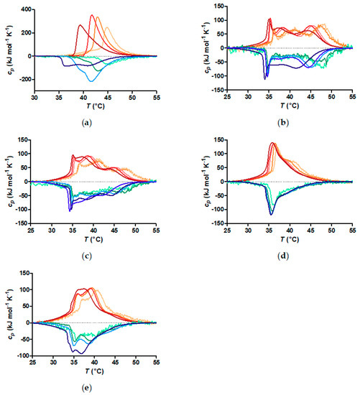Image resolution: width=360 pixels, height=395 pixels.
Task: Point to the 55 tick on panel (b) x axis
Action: tap(352, 97)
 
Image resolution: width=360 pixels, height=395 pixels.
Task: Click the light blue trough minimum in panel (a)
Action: tap(91, 81)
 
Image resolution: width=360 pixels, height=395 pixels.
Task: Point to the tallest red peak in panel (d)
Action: tap(272, 143)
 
